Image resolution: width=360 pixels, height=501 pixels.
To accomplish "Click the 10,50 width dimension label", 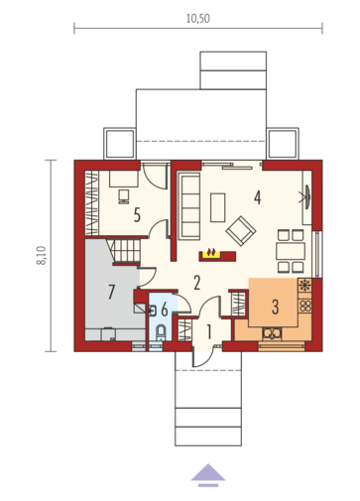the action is click(198, 19).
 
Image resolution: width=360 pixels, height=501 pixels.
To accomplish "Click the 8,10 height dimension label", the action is click(42, 255).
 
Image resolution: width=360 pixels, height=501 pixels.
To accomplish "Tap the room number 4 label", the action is click(258, 197).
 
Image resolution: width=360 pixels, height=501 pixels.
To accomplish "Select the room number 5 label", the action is click(137, 215).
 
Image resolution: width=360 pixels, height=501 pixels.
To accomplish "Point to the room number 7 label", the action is click(111, 292).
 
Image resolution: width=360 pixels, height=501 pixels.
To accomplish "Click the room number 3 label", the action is click(275, 307).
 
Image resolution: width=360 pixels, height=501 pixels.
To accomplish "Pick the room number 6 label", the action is click(165, 311).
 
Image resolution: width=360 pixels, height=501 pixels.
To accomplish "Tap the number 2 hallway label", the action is click(197, 283).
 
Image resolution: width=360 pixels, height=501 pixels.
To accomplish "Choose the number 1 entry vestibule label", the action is click(209, 331).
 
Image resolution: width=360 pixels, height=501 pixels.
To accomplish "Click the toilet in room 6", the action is click(161, 332).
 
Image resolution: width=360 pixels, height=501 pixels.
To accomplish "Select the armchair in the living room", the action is click(241, 231).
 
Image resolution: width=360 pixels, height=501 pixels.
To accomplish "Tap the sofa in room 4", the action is click(189, 205).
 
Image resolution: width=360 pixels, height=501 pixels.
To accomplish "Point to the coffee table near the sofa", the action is click(218, 207).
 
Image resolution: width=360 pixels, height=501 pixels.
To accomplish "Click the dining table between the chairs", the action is click(291, 251).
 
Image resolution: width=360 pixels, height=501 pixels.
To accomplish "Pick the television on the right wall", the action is click(306, 197).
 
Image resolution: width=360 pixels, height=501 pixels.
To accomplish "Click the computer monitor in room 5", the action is click(124, 196).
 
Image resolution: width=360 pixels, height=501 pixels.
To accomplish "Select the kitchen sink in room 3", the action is click(272, 333).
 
